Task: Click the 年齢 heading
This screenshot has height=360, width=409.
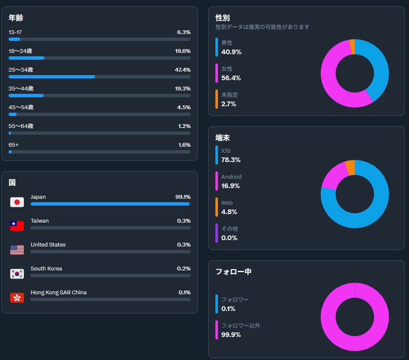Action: [16, 18]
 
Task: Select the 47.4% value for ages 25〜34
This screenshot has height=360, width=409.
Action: [184, 70]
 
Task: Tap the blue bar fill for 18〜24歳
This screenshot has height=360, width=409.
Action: [26, 58]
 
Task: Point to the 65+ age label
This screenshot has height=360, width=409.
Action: [14, 145]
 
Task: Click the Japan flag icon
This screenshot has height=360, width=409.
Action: [17, 202]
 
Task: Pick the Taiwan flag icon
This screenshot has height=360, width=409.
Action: [17, 226]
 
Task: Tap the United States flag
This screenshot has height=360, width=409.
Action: [17, 250]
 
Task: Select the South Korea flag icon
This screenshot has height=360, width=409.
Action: [17, 274]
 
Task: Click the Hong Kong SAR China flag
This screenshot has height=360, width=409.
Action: [17, 298]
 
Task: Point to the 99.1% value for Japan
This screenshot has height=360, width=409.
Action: [183, 197]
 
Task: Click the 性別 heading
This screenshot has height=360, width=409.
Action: [223, 18]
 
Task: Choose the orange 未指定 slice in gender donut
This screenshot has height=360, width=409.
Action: [352, 47]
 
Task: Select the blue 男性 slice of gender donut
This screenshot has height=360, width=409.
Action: [377, 66]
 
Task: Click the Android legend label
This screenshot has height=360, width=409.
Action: [232, 177]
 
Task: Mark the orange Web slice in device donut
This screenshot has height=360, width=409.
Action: [350, 168]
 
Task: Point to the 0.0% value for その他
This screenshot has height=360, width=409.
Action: [229, 238]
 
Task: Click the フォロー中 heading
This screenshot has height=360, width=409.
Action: [234, 272]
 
